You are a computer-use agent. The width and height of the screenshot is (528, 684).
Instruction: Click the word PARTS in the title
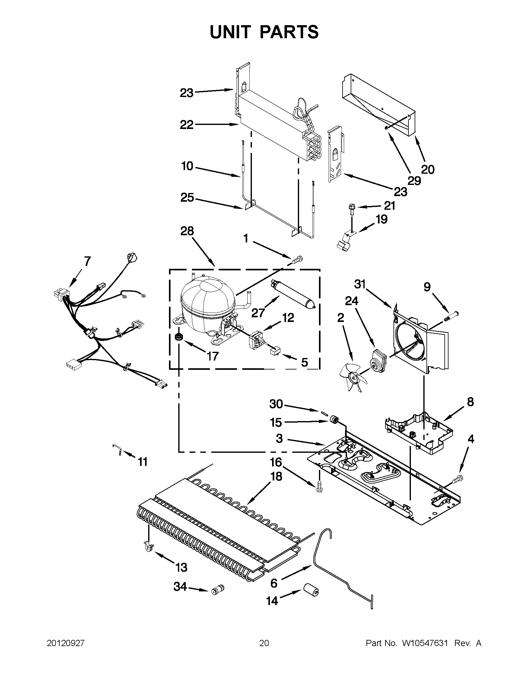tap(289, 32)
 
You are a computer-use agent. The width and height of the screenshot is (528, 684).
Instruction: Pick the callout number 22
tap(187, 125)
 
